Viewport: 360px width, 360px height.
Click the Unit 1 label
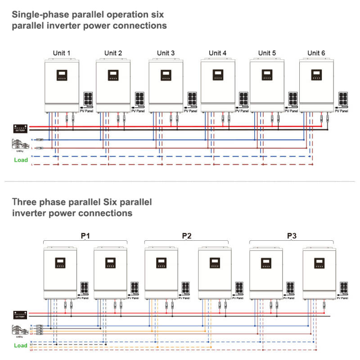tap(62, 53)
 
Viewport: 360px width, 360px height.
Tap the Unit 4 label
tap(217, 53)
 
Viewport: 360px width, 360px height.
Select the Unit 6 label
tap(316, 53)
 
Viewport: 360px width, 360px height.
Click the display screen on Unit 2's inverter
tap(113, 75)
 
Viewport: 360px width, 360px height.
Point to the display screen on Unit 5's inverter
tap(267, 75)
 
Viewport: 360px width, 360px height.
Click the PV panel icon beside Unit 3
tap(192, 99)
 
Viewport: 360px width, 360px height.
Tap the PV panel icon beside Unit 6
tap(343, 99)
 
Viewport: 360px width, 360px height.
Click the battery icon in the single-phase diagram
tap(20, 128)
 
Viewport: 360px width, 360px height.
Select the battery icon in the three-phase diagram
tap(20, 315)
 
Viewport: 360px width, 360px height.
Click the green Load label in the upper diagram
tap(21, 160)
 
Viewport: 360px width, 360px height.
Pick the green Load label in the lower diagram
tap(21, 346)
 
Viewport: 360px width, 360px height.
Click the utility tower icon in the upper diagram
tap(19, 144)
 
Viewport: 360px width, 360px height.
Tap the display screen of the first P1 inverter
tap(60, 263)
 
